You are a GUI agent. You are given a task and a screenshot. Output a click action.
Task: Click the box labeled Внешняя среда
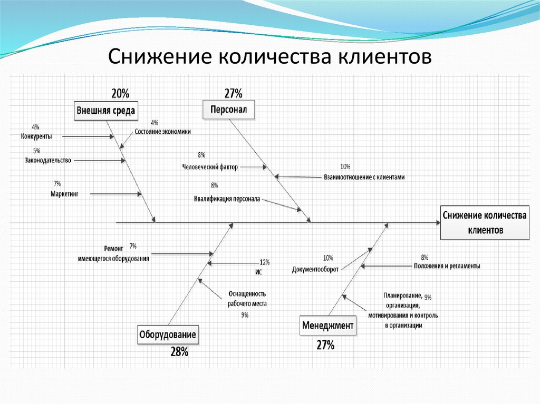(106, 111)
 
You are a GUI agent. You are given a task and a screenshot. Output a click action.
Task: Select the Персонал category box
(229, 110)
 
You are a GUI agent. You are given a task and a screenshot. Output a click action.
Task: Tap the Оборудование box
(168, 334)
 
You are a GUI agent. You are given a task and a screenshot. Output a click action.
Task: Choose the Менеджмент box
(327, 326)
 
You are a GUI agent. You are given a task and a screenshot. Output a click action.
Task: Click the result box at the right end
(485, 223)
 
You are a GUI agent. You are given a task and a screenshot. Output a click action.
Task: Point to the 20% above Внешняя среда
(120, 94)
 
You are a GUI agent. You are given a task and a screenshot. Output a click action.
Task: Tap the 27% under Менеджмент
(325, 346)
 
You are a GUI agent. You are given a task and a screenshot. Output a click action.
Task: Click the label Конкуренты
(36, 136)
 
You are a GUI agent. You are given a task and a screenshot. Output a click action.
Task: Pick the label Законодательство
(48, 160)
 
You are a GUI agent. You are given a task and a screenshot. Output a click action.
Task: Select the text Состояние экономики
(162, 132)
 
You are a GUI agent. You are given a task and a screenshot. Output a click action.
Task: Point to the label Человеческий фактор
(210, 167)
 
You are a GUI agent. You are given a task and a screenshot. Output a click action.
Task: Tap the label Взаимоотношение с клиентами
(364, 178)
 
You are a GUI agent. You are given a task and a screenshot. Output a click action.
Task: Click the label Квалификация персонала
(227, 199)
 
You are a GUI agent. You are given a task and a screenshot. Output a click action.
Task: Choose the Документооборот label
(315, 269)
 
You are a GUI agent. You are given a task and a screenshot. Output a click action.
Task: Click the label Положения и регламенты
(447, 266)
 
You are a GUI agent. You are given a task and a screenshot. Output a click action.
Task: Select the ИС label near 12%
(258, 272)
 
